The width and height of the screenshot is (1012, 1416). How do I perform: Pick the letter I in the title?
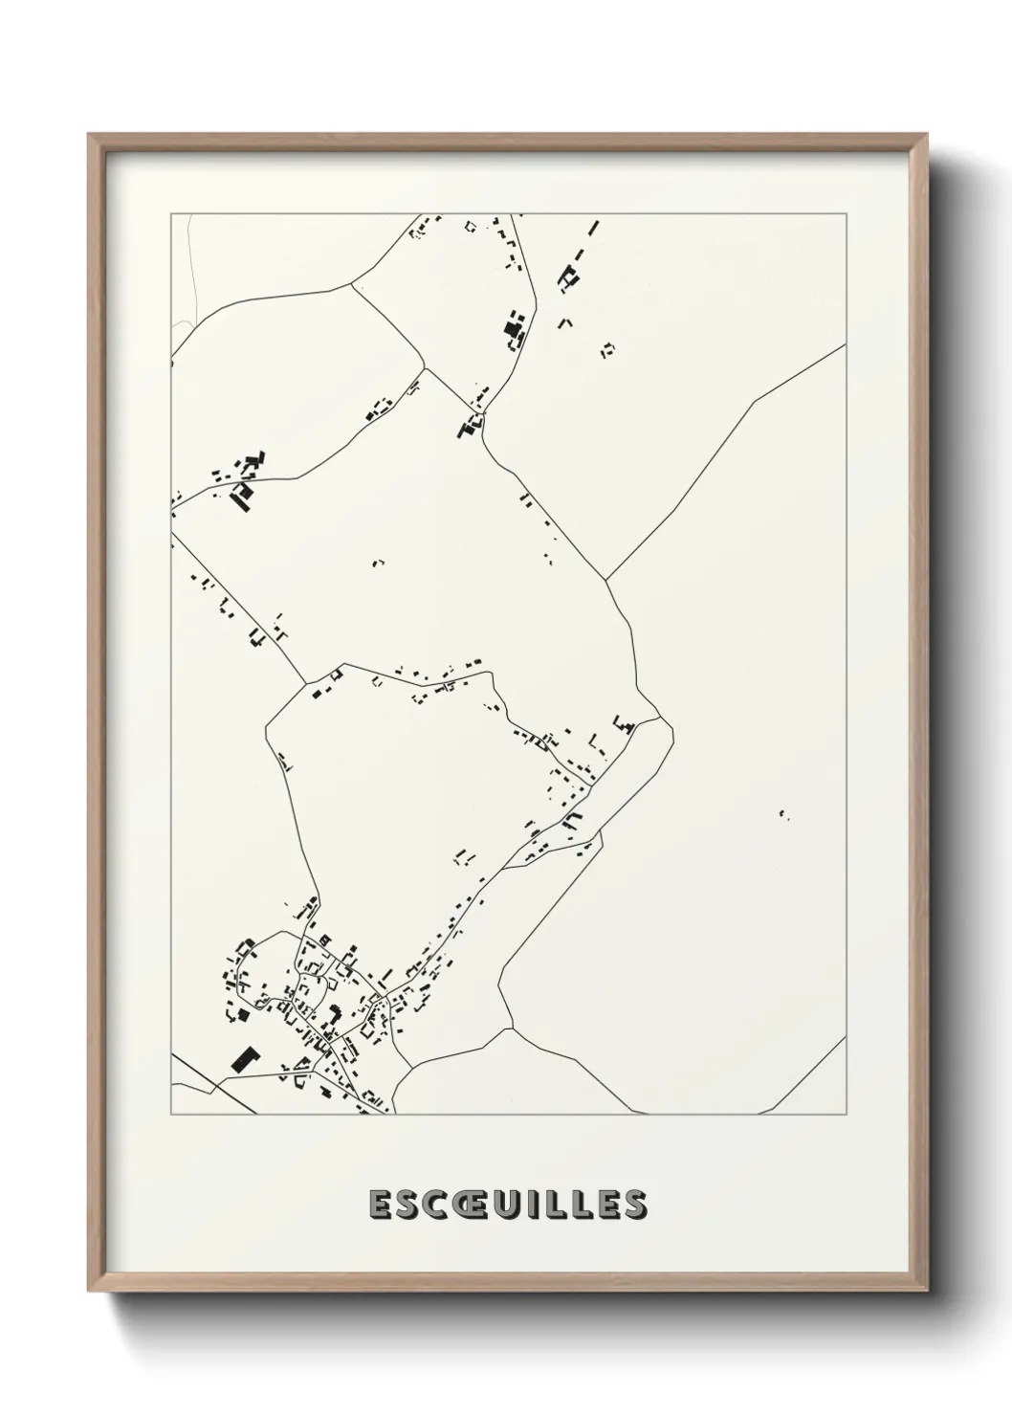[542, 1205]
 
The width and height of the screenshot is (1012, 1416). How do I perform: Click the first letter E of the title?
[379, 1205]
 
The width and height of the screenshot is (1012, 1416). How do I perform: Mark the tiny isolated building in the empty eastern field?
[783, 814]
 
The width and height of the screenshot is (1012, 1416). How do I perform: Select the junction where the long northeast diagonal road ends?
[606, 579]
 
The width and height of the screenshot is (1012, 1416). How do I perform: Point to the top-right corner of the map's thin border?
[847, 214]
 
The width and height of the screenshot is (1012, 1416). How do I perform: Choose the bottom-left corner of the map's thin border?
[171, 1114]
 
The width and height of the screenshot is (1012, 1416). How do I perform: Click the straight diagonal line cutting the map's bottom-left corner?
[215, 1086]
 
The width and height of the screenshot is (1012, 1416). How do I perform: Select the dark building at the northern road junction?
[471, 426]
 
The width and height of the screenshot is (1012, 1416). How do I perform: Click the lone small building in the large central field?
[378, 563]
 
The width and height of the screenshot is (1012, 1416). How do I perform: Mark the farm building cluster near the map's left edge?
[244, 476]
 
